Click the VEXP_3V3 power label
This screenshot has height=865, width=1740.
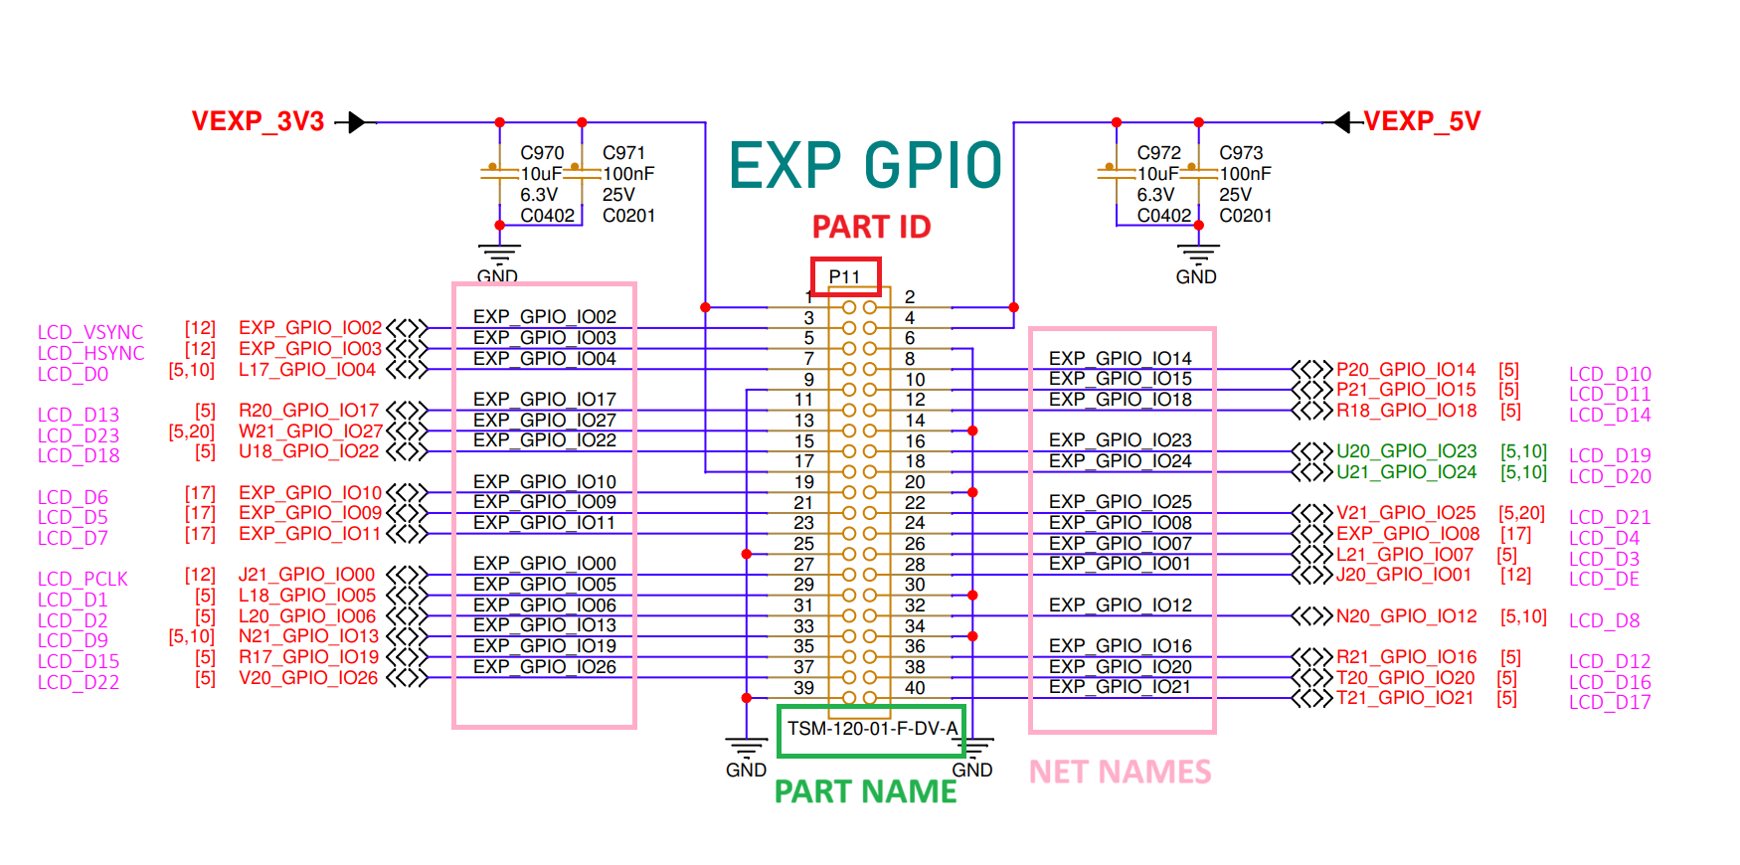pyautogui.click(x=258, y=121)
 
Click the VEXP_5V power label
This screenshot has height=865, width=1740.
pyautogui.click(x=1422, y=121)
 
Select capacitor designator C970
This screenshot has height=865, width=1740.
pyautogui.click(x=542, y=153)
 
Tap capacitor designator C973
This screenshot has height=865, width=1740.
pyautogui.click(x=1241, y=153)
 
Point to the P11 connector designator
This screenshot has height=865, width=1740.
pyautogui.click(x=844, y=277)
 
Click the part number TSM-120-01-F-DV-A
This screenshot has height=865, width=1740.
pyautogui.click(x=872, y=729)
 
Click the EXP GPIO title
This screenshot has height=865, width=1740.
pyautogui.click(x=866, y=165)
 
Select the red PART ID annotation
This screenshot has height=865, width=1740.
pyautogui.click(x=871, y=227)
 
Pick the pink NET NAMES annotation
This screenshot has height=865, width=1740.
pyautogui.click(x=1120, y=772)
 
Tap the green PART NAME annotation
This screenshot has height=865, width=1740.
pyautogui.click(x=865, y=791)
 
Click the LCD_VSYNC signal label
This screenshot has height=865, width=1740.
pyautogui.click(x=90, y=332)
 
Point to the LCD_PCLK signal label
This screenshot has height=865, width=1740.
pyautogui.click(x=83, y=579)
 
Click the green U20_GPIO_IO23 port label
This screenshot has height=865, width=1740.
pyautogui.click(x=1406, y=451)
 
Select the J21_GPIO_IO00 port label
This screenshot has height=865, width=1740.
pyautogui.click(x=306, y=575)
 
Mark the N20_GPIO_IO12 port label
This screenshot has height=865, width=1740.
pyautogui.click(x=1406, y=616)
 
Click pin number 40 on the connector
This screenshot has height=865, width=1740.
pyautogui.click(x=915, y=688)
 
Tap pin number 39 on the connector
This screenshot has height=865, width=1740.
pyautogui.click(x=803, y=688)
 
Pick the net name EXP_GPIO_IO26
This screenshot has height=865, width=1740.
pyautogui.click(x=544, y=667)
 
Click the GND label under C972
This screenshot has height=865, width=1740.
pyautogui.click(x=1195, y=277)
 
